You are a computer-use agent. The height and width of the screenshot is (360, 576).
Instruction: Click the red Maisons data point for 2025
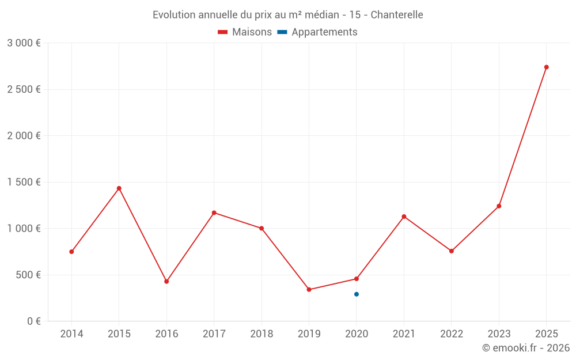click(x=546, y=67)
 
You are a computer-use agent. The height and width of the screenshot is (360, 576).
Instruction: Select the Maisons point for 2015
click(x=119, y=188)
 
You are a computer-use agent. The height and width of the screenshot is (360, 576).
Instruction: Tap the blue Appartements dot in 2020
click(x=357, y=294)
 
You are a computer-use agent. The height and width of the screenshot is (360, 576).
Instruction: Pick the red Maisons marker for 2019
click(x=309, y=290)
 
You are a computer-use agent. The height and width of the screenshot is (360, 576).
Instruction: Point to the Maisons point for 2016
click(x=166, y=282)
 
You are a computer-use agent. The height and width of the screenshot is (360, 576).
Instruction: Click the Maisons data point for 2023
click(x=499, y=206)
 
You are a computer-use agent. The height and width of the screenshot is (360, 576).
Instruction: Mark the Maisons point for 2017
click(x=214, y=213)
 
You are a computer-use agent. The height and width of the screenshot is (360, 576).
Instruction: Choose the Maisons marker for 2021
click(x=404, y=217)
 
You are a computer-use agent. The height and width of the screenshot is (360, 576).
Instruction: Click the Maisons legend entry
click(x=245, y=32)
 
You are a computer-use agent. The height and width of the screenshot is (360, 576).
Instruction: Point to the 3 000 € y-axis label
click(x=24, y=43)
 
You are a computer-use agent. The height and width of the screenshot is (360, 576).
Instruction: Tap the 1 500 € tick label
click(x=24, y=182)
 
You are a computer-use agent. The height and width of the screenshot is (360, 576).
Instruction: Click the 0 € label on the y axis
click(x=34, y=321)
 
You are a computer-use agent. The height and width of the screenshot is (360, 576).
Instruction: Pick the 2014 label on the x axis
click(x=71, y=334)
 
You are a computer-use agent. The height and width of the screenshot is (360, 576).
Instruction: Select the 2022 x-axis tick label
click(x=451, y=334)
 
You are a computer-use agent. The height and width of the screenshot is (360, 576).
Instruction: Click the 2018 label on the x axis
click(x=262, y=334)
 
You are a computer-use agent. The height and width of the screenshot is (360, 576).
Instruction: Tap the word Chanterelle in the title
click(x=397, y=15)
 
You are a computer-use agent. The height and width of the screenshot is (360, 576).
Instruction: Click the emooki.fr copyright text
click(x=526, y=348)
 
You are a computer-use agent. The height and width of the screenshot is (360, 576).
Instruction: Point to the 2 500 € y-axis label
click(x=24, y=89)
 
